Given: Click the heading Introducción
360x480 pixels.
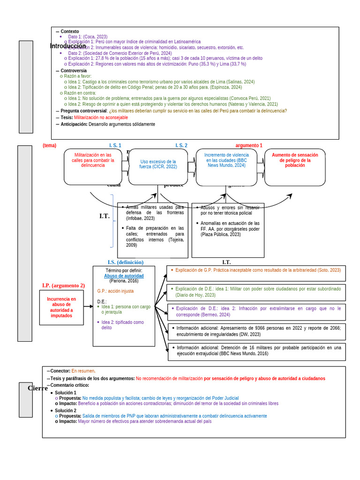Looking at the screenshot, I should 68,46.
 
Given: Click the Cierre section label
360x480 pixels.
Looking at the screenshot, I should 37,388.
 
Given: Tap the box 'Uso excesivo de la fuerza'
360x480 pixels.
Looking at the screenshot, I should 158,164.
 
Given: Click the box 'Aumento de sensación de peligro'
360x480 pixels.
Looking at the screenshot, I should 295,160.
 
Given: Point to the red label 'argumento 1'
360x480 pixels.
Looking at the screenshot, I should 249,146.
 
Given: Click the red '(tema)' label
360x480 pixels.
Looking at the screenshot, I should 49,146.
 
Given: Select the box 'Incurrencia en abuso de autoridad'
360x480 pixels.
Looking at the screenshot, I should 61,307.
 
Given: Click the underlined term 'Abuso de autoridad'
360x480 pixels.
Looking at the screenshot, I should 124,276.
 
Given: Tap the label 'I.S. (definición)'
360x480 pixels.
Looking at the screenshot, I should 126,262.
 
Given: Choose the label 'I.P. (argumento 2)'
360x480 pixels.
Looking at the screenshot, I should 63,285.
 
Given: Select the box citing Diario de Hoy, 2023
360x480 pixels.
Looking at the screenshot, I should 256,292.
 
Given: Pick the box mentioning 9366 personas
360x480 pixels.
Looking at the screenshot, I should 256,331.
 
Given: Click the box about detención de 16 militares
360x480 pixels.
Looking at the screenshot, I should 256,351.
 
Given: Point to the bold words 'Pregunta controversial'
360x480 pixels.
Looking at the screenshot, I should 84,111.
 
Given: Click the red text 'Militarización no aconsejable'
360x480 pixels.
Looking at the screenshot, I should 101,118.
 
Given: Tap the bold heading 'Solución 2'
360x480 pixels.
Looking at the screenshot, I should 66,411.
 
